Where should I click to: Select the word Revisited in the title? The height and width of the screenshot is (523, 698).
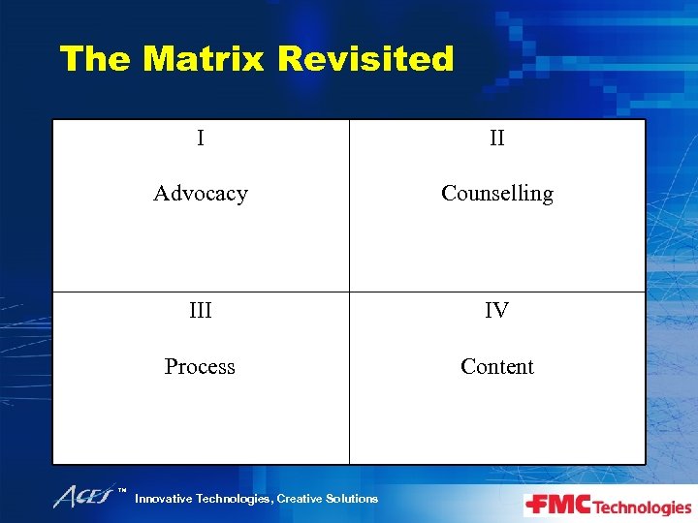point(365,59)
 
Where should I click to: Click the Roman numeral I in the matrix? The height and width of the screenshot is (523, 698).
point(200,138)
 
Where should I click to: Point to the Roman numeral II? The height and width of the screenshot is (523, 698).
point(496,138)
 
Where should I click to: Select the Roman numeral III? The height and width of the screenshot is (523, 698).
point(200,311)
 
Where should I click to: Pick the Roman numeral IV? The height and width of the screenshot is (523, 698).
point(496,311)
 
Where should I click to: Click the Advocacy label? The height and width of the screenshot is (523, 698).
point(201,194)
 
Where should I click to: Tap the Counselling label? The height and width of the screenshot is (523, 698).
point(496,194)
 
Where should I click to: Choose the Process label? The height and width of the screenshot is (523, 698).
point(200,367)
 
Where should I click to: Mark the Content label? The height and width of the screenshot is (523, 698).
point(496,367)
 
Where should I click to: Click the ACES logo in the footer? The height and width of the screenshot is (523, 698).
point(84,497)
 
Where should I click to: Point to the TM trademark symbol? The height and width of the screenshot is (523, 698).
point(123,491)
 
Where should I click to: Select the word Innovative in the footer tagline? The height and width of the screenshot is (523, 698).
point(164,499)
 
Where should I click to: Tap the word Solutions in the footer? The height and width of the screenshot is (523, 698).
point(354,499)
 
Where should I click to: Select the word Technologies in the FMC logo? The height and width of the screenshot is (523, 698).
point(642,508)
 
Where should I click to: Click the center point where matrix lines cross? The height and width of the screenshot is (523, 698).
point(349,292)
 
